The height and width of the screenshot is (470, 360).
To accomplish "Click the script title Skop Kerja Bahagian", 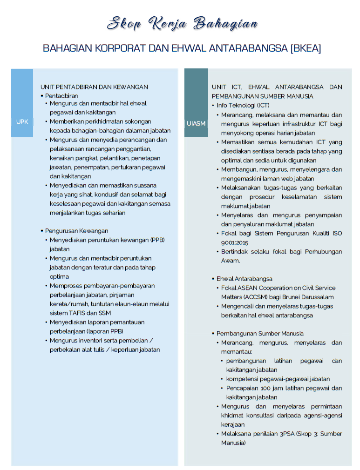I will click(x=182, y=23).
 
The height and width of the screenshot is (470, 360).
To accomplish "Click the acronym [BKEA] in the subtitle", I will click(x=305, y=48).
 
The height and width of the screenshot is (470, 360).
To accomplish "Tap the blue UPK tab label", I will click(x=22, y=121).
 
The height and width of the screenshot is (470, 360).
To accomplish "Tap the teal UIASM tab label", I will click(x=196, y=123).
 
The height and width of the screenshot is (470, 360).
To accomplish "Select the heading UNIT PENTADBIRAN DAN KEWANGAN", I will click(x=94, y=87).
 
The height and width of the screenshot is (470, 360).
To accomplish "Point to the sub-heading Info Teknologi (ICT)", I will click(x=243, y=105).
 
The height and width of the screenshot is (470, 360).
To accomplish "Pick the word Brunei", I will click(x=297, y=297).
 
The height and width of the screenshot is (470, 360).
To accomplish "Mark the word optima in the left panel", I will click(x=59, y=276).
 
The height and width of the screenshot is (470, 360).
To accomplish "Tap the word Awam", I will click(x=231, y=261).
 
